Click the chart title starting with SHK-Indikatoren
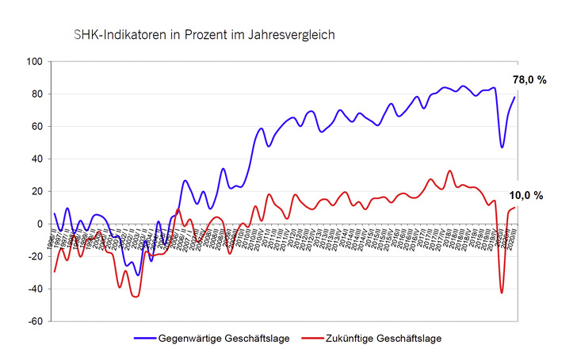click(x=204, y=35)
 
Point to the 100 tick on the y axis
click(x=34, y=62)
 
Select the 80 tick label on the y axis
click(x=36, y=94)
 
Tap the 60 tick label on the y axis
click(x=36, y=127)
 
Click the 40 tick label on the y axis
click(x=36, y=159)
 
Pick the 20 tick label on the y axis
click(x=36, y=192)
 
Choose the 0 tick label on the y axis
click(x=40, y=224)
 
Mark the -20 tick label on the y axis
click(x=34, y=257)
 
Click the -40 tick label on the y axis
click(x=34, y=289)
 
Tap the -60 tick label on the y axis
click(x=34, y=322)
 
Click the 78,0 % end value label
click(x=530, y=80)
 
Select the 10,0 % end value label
click(x=528, y=196)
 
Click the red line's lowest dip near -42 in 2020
click(x=502, y=293)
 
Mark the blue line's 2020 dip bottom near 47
click(x=502, y=147)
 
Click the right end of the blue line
click(x=516, y=97)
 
